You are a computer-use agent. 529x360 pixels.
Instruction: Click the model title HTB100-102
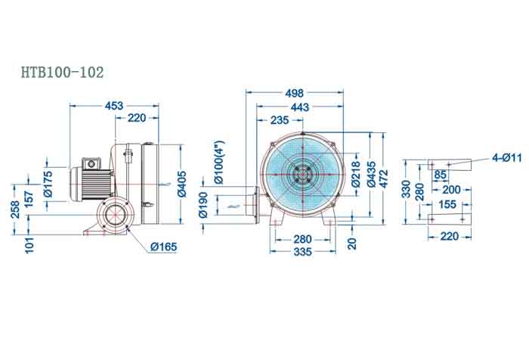click(63, 73)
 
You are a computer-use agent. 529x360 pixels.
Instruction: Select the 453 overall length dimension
click(114, 106)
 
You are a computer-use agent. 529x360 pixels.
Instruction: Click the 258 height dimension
click(14, 209)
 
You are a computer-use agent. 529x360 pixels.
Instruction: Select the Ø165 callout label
click(164, 247)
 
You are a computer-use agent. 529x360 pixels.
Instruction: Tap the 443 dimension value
click(300, 107)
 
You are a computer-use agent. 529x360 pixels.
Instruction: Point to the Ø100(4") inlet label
click(218, 163)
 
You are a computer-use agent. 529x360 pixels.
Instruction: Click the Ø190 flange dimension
click(203, 204)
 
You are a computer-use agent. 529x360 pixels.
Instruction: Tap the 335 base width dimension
click(302, 252)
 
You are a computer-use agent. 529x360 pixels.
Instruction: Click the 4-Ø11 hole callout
click(506, 157)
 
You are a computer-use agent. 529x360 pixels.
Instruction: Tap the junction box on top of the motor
click(91, 162)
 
